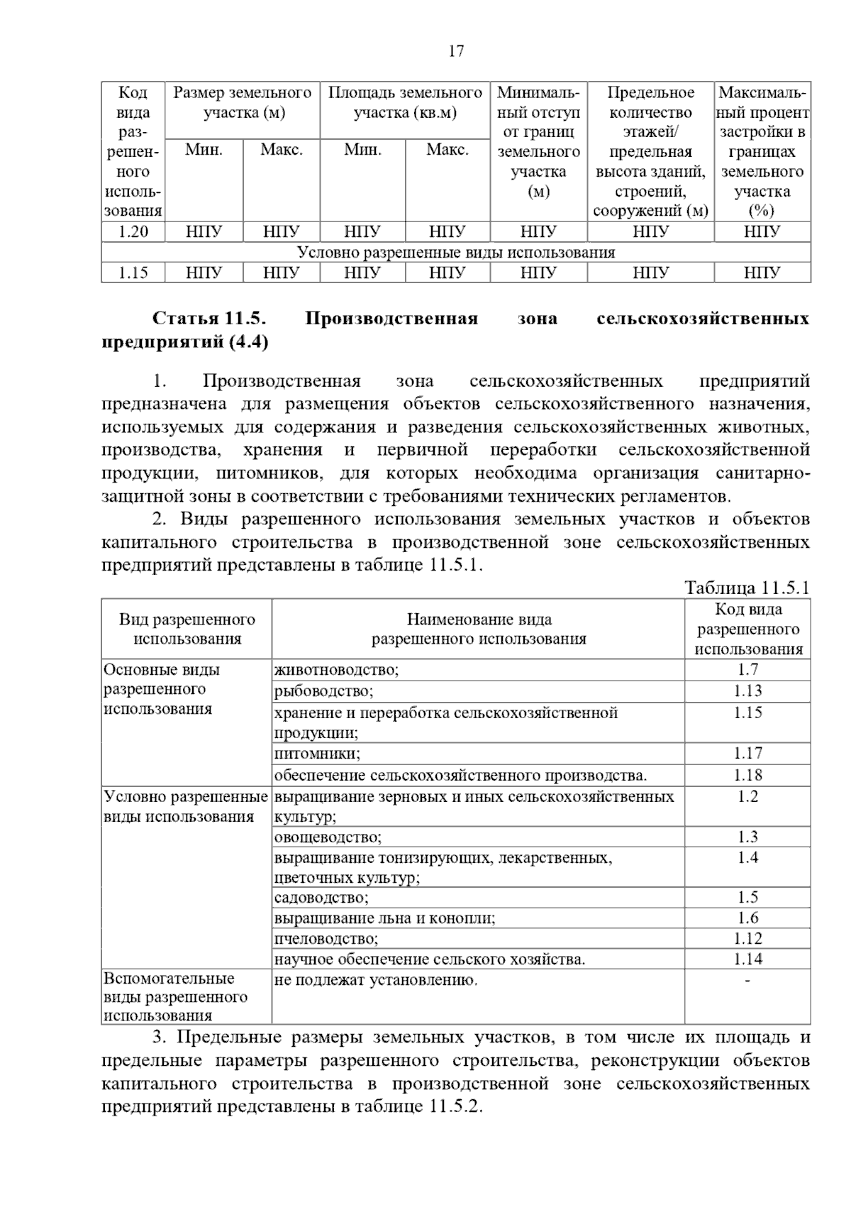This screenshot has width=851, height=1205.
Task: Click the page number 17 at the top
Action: tap(456, 51)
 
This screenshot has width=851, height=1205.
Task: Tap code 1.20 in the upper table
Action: tap(133, 231)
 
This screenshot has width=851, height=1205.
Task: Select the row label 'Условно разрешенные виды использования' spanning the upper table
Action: tap(455, 252)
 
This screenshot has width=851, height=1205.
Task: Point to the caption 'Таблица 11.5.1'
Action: tap(747, 588)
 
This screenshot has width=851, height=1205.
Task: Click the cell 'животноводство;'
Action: tap(337, 669)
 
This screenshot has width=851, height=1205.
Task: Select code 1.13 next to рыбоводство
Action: tap(747, 690)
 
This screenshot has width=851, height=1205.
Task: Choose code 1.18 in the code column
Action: tap(747, 775)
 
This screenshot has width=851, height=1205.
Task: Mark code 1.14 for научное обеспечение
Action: tap(747, 959)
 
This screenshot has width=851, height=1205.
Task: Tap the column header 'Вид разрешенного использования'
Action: tap(187, 629)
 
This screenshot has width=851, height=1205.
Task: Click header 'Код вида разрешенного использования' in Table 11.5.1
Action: tap(747, 629)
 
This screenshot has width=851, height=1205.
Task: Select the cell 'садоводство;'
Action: tap(321, 898)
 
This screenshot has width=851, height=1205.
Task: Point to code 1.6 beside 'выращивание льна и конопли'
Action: tap(747, 918)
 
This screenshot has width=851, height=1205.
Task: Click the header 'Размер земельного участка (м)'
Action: tap(243, 103)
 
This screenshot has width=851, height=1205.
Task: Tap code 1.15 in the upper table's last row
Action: tap(133, 273)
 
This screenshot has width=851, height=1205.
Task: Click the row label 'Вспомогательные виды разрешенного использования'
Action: tap(176, 997)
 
